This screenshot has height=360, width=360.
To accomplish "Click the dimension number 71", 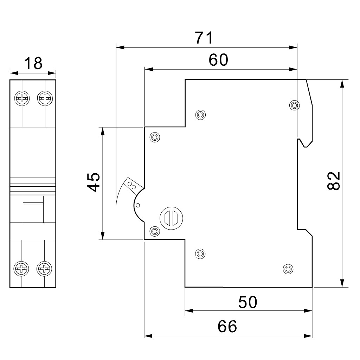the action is tap(204, 38).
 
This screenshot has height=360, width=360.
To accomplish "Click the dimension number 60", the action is tap(218, 60).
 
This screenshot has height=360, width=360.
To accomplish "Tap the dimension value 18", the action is tap(33, 63).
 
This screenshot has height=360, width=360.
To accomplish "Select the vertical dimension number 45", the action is tap(94, 182).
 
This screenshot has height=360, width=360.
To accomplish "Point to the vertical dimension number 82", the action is tap(333, 181).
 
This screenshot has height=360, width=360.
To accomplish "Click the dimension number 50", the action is tap(248, 302).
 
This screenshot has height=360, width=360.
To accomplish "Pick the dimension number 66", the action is tap(227, 326).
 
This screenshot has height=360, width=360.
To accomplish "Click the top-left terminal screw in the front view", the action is tap(22, 98).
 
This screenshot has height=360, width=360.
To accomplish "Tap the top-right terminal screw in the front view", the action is tap(45, 98).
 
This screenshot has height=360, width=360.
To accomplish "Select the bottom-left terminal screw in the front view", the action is tap(21, 268).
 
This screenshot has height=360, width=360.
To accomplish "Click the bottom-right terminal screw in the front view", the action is tap(44, 268).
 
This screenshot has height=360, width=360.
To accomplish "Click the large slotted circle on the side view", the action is tap(171, 218).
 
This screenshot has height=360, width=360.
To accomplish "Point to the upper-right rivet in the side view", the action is tap(294, 105).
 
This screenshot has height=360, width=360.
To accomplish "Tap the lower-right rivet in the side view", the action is tap(288, 269).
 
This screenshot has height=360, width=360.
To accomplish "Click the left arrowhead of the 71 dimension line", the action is tap(120, 47).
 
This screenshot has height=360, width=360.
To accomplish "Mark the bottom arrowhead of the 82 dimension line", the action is tap(342, 283).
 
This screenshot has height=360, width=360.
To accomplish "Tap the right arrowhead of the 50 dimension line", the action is tap(308, 311).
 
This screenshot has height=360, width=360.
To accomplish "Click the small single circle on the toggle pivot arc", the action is tap(138, 205).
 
